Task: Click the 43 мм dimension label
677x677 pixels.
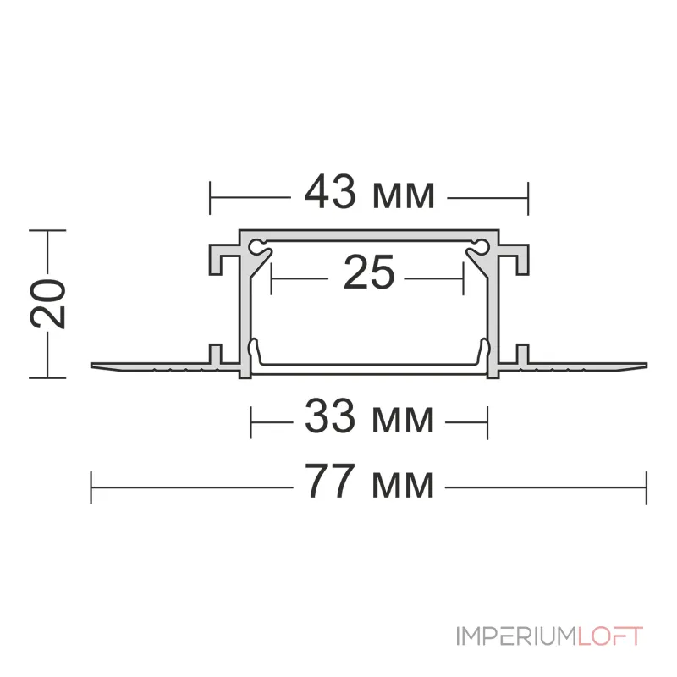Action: (370, 195)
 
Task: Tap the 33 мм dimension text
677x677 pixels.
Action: (369, 418)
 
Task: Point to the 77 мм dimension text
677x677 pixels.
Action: (369, 484)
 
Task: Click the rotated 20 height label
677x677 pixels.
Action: (48, 302)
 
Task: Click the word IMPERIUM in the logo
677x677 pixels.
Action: (515, 636)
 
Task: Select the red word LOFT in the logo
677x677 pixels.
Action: (610, 636)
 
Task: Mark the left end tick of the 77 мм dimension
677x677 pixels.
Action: (91, 487)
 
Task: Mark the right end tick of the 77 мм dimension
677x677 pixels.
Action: (647, 487)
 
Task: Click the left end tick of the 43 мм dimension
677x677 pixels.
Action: (210, 198)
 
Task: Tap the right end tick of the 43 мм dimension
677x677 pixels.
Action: (528, 198)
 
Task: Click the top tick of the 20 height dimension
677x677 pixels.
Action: (48, 230)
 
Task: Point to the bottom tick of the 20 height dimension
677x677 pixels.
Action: (48, 376)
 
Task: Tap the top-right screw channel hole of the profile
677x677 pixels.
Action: (481, 247)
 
